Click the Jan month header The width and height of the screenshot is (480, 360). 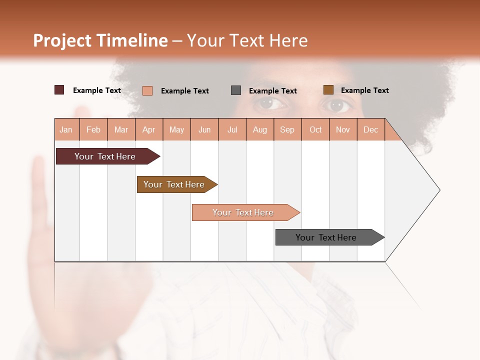tap(66, 129)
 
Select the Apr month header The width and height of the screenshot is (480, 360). tap(148, 129)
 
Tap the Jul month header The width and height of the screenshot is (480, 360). tap(232, 129)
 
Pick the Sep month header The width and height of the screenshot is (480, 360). tap(287, 129)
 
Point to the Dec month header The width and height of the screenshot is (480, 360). tap(370, 129)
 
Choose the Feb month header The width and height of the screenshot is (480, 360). tap(93, 129)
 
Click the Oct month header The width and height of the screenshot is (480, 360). tap(315, 129)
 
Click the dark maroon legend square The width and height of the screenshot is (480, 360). tap(59, 90)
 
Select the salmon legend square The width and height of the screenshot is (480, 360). tap(147, 90)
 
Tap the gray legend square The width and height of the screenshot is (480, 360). tap(236, 90)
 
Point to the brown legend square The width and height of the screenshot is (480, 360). tap(328, 90)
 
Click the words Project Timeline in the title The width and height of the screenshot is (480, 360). tap(100, 40)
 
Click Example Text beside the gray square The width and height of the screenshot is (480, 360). tap(272, 90)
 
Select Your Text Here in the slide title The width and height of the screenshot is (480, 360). tap(247, 40)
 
